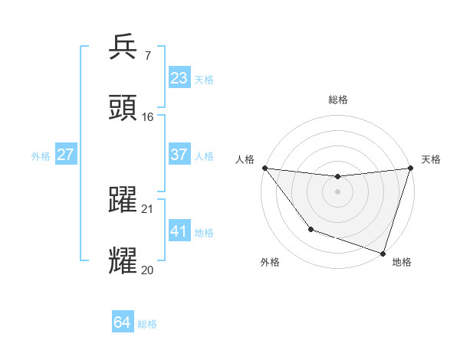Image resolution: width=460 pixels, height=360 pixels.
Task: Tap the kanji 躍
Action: [123, 198]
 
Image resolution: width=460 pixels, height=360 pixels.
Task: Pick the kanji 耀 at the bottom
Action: [123, 260]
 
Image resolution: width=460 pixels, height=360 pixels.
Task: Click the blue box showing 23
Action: [179, 78]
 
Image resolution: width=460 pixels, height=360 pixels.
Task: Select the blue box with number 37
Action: [179, 155]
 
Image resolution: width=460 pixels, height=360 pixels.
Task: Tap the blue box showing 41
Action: [179, 231]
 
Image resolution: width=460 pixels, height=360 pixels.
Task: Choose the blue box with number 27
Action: [66, 155]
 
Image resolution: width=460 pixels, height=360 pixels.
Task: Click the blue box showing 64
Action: [123, 323]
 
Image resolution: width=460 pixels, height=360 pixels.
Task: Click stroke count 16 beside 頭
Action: [148, 117]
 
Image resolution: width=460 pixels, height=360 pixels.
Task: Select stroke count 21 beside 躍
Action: [148, 209]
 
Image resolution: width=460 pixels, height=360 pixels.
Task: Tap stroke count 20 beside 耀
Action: [148, 270]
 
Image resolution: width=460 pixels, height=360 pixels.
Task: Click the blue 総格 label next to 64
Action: [147, 324]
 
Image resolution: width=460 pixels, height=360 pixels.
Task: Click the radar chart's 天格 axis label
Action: [431, 159]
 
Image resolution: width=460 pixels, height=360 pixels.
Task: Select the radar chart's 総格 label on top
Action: [337, 100]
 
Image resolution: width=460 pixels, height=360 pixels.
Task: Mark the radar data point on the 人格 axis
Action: [265, 168]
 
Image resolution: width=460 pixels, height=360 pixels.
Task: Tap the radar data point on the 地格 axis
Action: [383, 253]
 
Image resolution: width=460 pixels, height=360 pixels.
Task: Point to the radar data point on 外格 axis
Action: [310, 229]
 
